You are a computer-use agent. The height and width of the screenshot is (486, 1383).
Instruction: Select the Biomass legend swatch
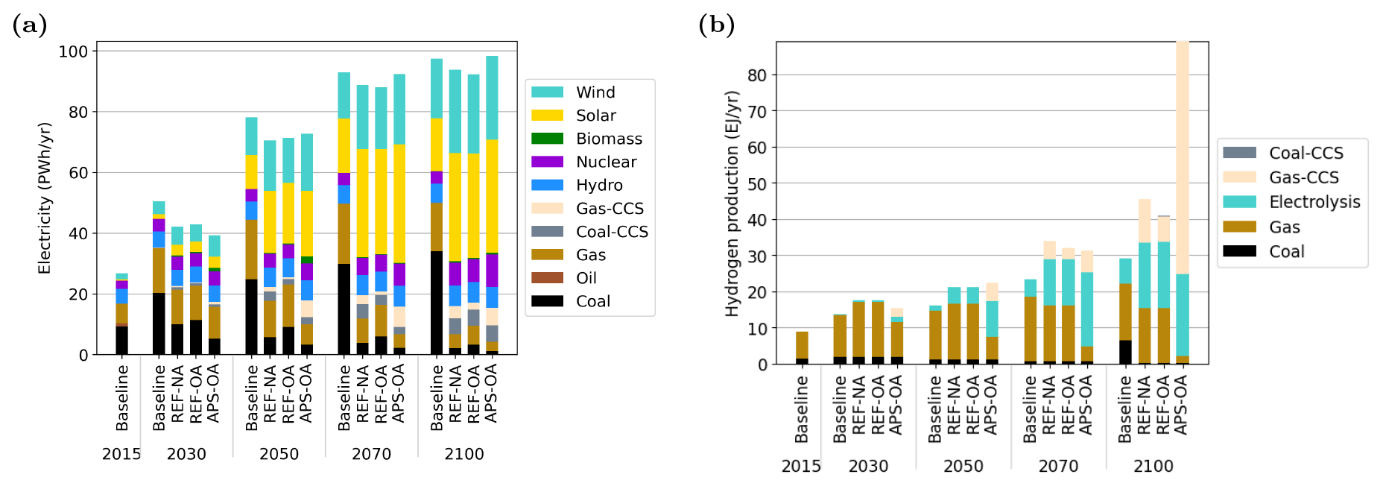point(547,139)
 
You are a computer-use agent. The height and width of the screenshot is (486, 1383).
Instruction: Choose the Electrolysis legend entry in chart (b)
point(1291,202)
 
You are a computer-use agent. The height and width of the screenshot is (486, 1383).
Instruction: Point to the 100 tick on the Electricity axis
point(73,51)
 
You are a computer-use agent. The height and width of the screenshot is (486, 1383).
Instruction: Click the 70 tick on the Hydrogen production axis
point(757,112)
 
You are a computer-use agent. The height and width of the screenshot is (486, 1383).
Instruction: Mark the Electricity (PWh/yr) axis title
point(45,198)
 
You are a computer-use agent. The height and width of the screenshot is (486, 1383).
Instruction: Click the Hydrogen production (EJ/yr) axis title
point(732,203)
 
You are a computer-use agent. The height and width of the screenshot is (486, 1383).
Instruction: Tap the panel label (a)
point(30,25)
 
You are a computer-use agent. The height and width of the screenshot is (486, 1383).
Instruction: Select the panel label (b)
point(717,25)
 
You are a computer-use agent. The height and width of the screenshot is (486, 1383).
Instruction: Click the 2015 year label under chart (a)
point(121,454)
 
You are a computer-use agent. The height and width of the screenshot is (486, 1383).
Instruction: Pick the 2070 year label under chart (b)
point(1058,466)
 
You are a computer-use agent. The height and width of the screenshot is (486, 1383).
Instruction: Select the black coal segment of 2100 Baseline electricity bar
point(437,303)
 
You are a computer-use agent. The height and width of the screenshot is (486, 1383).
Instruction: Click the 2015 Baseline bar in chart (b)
point(802,348)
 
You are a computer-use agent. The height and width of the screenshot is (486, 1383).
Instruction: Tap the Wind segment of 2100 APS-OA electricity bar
point(492,98)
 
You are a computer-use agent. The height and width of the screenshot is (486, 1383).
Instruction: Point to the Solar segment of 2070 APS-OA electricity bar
point(399,203)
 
